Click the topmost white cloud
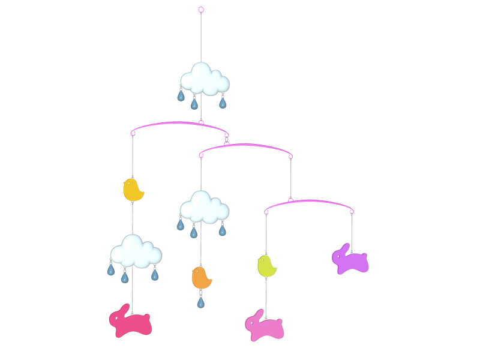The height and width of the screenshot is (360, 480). [x=205, y=79]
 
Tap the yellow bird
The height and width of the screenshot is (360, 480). [x=133, y=190]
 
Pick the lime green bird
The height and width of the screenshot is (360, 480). [x=267, y=266]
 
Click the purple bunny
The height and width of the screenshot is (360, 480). [x=350, y=260]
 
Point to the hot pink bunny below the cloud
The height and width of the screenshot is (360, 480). [x=131, y=323]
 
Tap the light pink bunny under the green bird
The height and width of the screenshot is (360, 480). [x=265, y=327]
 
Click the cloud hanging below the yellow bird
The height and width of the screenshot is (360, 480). [x=136, y=251]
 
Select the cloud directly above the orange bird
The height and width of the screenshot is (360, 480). [x=204, y=208]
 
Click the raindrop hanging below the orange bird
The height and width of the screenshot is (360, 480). [x=200, y=302]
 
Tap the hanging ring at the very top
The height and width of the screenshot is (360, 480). [x=201, y=10]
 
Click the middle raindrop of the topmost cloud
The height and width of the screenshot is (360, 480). [x=194, y=104]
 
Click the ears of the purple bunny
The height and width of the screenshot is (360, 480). [x=343, y=247]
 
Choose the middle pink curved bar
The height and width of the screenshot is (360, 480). [x=246, y=146]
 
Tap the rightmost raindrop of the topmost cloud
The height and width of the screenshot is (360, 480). [x=223, y=103]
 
